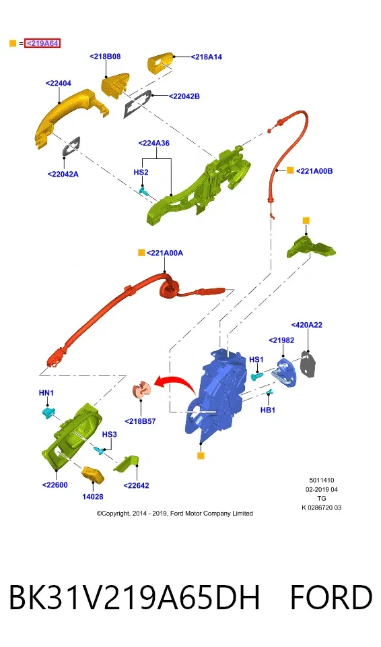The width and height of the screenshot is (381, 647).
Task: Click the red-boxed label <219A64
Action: (42, 43)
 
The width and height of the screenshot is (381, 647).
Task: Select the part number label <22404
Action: (58, 84)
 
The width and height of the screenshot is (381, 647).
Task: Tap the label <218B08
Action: (105, 57)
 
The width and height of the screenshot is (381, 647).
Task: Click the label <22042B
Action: (184, 96)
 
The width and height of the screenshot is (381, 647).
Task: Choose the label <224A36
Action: (153, 143)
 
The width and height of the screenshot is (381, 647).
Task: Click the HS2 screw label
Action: (141, 172)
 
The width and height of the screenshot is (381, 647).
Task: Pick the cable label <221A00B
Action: (314, 171)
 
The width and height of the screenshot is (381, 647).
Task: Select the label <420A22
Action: (307, 325)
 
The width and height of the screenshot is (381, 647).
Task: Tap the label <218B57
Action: (140, 421)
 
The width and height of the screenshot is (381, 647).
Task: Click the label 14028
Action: (93, 497)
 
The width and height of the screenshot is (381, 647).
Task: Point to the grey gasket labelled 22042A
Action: (71, 146)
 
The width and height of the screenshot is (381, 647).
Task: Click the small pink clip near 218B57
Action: (141, 390)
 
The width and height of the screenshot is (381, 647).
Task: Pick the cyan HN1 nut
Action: (48, 411)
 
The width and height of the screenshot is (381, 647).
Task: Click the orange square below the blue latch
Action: (201, 456)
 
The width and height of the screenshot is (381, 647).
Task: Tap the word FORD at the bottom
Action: (331, 597)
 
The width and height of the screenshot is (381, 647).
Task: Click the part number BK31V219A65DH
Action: (135, 597)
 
